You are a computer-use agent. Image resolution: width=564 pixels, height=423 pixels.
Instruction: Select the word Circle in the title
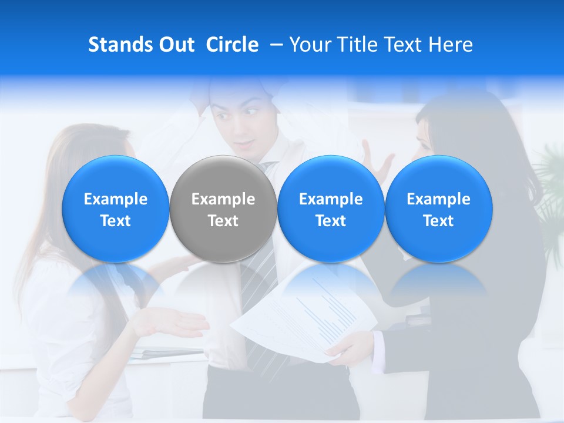pyautogui.click(x=232, y=45)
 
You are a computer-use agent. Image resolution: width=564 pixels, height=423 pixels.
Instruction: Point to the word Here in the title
pyautogui.click(x=451, y=45)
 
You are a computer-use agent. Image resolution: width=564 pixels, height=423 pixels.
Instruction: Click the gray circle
pyautogui.click(x=223, y=209)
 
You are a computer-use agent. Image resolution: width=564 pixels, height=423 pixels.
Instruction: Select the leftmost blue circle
pyautogui.click(x=116, y=209)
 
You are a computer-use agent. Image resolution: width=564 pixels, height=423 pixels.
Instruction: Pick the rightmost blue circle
pyautogui.click(x=438, y=209)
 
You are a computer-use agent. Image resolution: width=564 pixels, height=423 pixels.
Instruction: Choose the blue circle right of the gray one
pyautogui.click(x=331, y=209)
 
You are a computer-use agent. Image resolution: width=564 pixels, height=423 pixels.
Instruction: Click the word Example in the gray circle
pyautogui.click(x=223, y=199)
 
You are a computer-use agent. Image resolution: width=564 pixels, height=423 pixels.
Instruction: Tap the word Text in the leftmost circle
pyautogui.click(x=116, y=221)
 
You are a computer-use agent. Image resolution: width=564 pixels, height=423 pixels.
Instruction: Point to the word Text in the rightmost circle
pyautogui.click(x=438, y=221)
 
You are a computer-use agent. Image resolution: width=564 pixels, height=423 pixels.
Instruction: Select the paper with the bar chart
pyautogui.click(x=305, y=317)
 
